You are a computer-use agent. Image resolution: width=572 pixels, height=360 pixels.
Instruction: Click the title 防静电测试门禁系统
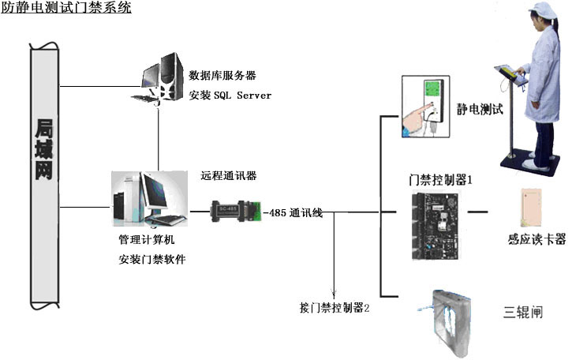coord(66,9)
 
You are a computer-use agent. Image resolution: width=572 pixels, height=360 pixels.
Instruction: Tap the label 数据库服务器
coord(222,76)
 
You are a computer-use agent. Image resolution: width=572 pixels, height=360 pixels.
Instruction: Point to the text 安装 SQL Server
coord(230,95)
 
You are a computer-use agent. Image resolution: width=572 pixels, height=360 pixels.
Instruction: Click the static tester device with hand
coord(425,107)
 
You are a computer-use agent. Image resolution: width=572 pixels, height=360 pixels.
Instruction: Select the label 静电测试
coord(479,109)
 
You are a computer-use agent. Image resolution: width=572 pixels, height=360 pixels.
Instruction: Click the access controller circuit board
coord(432,225)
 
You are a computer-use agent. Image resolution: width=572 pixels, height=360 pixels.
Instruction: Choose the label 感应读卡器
coord(536,241)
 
